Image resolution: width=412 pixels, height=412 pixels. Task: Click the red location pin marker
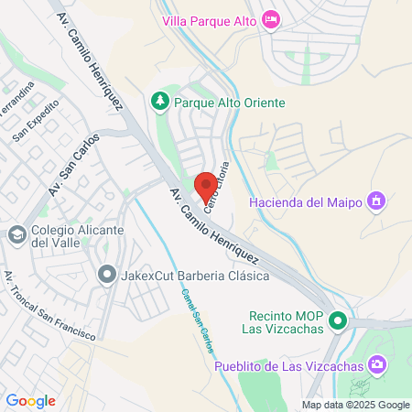pos(206,186)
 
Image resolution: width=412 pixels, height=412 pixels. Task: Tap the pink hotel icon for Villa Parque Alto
pos(270,19)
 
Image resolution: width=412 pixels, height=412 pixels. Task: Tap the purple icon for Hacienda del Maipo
pos(374,200)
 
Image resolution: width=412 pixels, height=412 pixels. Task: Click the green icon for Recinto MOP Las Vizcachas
pos(338,320)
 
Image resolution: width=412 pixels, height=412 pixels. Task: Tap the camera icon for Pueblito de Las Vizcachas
pos(376,366)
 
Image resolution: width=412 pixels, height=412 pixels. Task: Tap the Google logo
pos(30,400)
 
